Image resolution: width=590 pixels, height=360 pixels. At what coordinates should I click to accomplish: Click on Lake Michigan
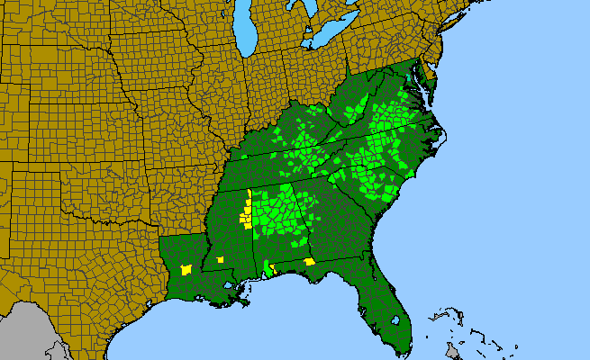[x=246, y=31]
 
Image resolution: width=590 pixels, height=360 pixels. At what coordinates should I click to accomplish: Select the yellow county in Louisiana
[x=186, y=269]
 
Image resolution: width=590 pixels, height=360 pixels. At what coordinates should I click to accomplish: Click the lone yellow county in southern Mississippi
[x=220, y=260]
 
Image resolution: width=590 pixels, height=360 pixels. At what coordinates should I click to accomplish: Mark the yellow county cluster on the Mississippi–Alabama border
[x=244, y=216]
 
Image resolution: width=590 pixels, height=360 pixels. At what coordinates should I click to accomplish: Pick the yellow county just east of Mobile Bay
[x=275, y=270]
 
